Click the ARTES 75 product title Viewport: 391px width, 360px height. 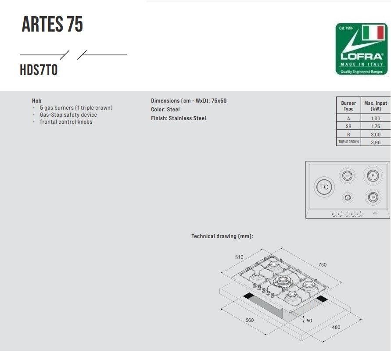[52, 25]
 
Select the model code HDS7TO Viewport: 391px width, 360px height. [39, 70]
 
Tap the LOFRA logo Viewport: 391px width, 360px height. [362, 49]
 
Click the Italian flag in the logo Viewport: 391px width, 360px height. [373, 34]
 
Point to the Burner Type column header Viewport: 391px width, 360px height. [348, 106]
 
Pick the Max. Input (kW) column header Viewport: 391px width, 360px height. [376, 106]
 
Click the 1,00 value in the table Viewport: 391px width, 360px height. [376, 118]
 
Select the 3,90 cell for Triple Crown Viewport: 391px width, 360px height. [376, 143]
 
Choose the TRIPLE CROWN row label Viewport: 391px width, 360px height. [348, 142]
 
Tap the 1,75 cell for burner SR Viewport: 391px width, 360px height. [376, 126]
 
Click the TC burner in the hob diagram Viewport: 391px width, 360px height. [324, 187]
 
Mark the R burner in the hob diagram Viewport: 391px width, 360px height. [373, 175]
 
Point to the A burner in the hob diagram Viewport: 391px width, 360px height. [348, 198]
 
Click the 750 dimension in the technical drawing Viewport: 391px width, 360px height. [323, 265]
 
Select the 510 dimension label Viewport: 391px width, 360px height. [239, 257]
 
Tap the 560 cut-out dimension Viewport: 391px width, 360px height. [250, 320]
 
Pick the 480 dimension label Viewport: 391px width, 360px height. [336, 327]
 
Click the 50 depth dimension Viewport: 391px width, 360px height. [309, 321]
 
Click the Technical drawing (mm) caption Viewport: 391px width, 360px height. [222, 236]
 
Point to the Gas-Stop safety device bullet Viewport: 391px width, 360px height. [68, 115]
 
